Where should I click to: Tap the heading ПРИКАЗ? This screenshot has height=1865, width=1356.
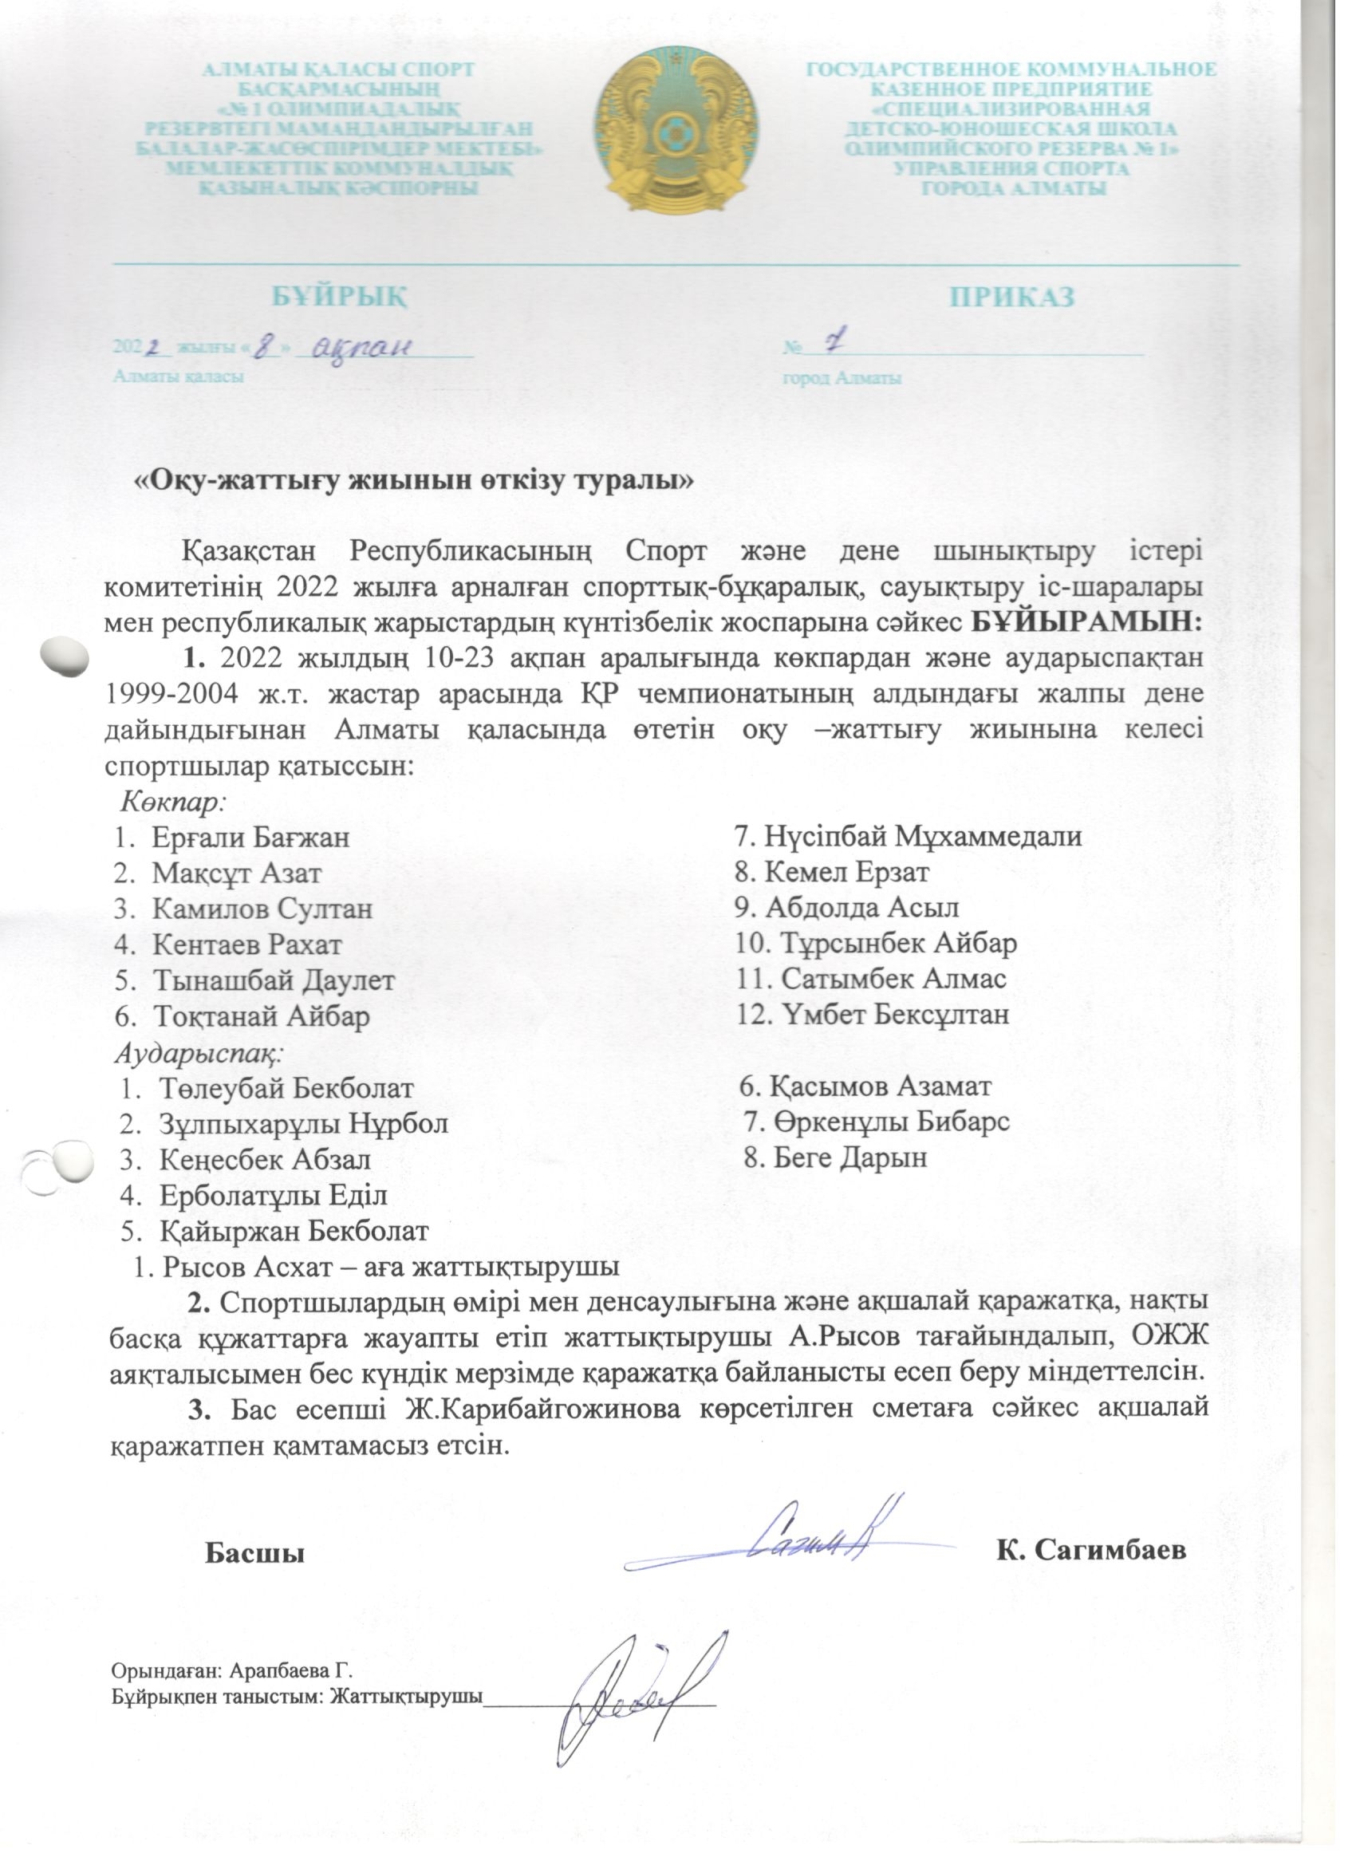click(x=1012, y=297)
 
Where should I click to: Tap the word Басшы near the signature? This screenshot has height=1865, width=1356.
click(x=254, y=1552)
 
